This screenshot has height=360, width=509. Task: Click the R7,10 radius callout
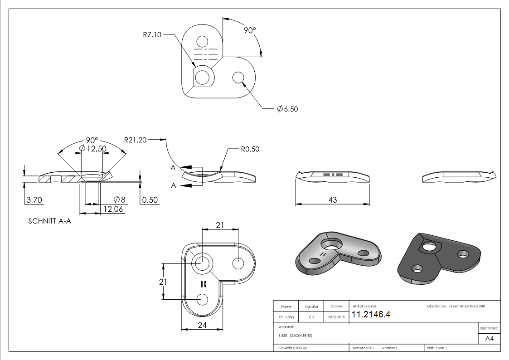(152, 35)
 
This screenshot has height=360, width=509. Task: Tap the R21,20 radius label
(136, 140)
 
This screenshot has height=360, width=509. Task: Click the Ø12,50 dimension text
(92, 149)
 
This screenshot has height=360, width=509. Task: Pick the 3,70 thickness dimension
(35, 199)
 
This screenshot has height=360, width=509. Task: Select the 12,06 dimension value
(113, 209)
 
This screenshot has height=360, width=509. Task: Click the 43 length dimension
(332, 199)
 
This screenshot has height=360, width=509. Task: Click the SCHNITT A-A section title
(50, 222)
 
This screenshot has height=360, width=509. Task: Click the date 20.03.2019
(336, 317)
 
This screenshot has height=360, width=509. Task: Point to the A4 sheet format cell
(490, 339)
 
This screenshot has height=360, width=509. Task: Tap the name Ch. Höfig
(286, 317)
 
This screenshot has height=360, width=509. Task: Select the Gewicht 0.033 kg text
(292, 348)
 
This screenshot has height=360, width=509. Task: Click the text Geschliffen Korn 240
(467, 306)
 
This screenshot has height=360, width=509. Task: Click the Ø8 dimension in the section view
(120, 199)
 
